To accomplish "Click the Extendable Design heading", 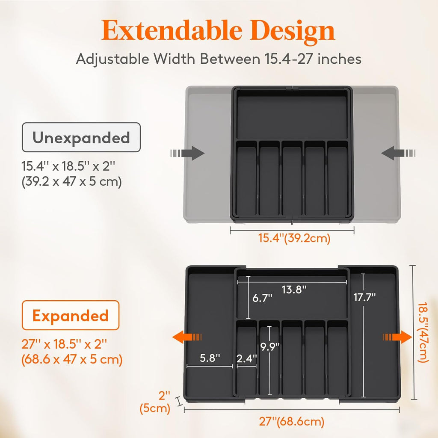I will point(219,31).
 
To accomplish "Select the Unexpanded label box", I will point(81,137).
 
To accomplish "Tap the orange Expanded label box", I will point(71,316).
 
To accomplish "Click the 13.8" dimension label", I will point(294,290).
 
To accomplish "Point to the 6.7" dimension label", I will point(262,298).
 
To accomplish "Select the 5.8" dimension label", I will point(210,358).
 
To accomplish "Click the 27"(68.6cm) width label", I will point(292,422).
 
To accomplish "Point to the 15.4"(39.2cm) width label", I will point(294,238).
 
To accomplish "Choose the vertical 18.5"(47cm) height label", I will point(423,332).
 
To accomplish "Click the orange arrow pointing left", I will point(187,337).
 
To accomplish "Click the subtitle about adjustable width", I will point(219,59).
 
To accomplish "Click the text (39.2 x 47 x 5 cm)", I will point(72,182).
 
